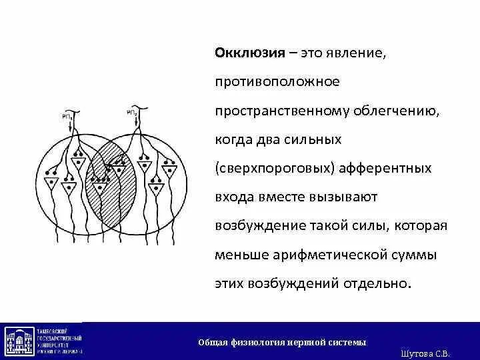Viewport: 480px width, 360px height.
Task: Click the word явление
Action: pyautogui.click(x=356, y=53)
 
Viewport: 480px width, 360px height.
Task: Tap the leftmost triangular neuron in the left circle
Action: pyautogui.click(x=51, y=182)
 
